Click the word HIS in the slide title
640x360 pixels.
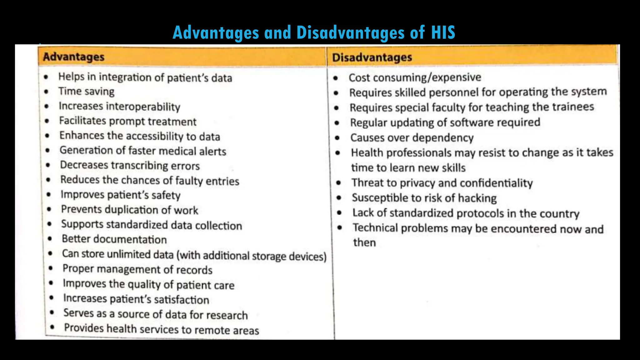pos(443,32)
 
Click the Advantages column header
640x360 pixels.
pos(74,57)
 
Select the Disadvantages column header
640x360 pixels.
pos(372,57)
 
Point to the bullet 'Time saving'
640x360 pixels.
pos(86,91)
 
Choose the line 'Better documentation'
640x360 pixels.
pos(114,239)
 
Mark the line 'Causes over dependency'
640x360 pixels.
pos(412,138)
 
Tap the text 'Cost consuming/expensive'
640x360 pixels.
pos(415,77)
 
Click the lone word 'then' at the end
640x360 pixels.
pos(364,242)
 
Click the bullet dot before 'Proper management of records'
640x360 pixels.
pos(51,268)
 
